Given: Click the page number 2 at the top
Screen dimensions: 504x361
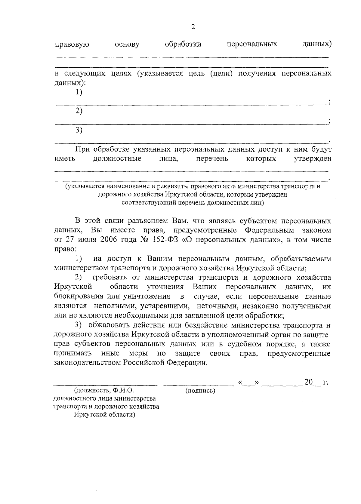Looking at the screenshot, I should pyautogui.click(x=193, y=27).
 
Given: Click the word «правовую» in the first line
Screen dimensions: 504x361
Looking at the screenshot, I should pyautogui.click(x=72, y=45).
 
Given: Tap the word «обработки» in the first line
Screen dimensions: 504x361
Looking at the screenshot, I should pyautogui.click(x=183, y=45).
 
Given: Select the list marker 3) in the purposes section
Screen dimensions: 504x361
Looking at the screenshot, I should pyautogui.click(x=79, y=130).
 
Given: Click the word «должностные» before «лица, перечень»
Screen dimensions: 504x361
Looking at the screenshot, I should pyautogui.click(x=117, y=158).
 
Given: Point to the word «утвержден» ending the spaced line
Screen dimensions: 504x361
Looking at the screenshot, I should pyautogui.click(x=313, y=158).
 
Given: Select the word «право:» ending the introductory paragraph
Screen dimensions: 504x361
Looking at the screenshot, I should pyautogui.click(x=65, y=249).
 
